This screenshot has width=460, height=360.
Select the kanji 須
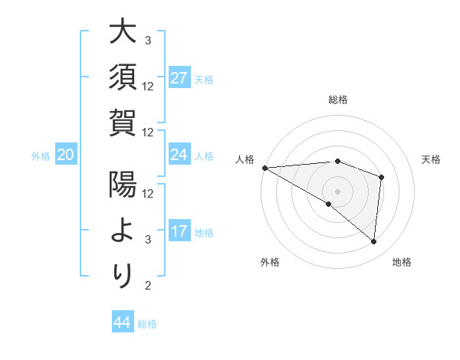[123, 77]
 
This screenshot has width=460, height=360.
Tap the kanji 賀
[123, 123]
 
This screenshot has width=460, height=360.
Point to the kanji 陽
[123, 185]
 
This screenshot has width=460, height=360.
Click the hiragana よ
[123, 231]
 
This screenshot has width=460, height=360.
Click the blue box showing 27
[179, 77]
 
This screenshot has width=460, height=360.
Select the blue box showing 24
[179, 155]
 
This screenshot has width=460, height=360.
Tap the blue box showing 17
[179, 231]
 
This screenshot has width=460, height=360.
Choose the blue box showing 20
[66, 155]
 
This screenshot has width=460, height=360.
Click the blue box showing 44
[122, 322]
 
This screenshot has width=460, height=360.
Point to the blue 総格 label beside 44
[147, 324]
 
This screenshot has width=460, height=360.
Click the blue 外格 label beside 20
[41, 156]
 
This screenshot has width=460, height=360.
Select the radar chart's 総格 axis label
[337, 100]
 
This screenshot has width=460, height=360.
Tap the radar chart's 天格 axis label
[432, 159]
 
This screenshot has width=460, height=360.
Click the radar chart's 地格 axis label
[402, 263]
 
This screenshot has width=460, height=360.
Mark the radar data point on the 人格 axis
[264, 167]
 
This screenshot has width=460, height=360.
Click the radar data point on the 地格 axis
[373, 242]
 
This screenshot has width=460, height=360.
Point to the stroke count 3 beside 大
[147, 40]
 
